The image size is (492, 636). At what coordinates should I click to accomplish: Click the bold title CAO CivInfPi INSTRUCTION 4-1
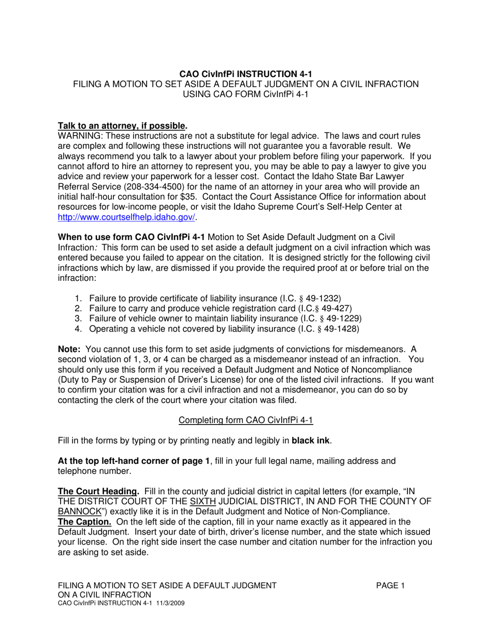246,74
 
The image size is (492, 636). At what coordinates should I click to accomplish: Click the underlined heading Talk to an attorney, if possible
122,126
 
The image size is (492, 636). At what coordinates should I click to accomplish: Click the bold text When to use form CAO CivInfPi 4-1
131,237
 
